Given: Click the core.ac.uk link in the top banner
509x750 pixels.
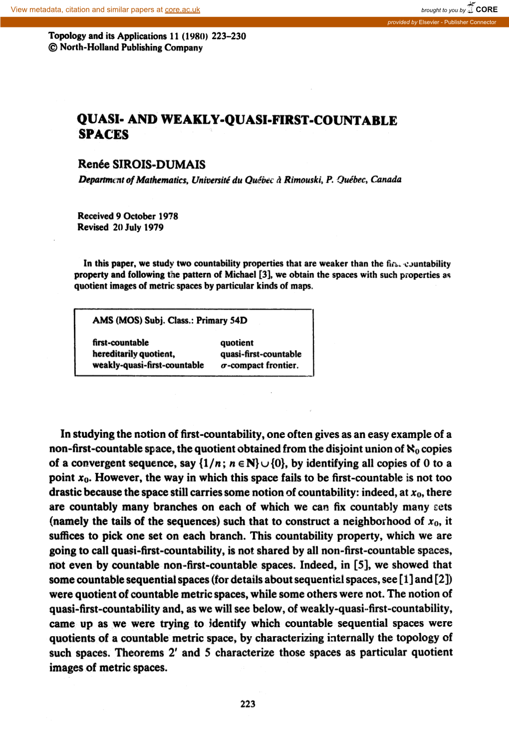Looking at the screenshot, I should (x=182, y=9).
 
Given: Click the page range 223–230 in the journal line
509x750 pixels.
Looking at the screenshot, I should (x=229, y=36).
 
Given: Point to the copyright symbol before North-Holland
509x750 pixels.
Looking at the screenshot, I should (x=53, y=48).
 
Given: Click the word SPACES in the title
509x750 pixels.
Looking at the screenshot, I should (x=103, y=135).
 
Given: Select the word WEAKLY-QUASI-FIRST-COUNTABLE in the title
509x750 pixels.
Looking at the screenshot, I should (x=279, y=120).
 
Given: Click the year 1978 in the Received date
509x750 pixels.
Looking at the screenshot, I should (x=168, y=216).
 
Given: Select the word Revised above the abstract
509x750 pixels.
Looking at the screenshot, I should (x=93, y=227).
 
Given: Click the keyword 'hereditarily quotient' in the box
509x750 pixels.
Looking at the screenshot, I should (x=133, y=354).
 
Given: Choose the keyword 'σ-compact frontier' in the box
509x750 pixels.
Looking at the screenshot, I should (x=259, y=366).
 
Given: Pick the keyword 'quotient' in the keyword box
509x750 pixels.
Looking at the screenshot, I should (x=237, y=343).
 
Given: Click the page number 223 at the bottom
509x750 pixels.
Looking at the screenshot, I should (x=248, y=704).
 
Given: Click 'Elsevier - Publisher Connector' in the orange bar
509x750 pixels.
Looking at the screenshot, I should (x=457, y=22).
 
